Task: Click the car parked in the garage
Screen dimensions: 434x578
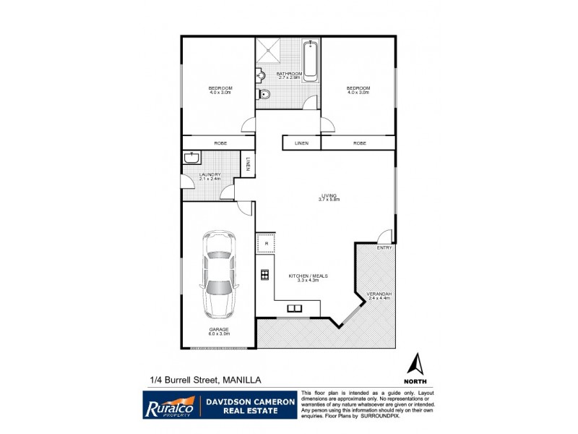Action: pos(217,275)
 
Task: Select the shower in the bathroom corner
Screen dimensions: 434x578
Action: pos(269,50)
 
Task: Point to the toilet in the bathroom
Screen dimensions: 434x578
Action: pos(264,93)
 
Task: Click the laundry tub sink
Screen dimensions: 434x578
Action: pos(193,158)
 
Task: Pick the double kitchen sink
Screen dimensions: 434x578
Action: pos(296,308)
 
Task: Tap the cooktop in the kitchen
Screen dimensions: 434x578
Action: pos(265,274)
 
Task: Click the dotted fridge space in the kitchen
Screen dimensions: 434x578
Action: pos(266,242)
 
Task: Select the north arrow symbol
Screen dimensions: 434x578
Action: pos(415,364)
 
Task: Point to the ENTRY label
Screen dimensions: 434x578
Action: pos(384,248)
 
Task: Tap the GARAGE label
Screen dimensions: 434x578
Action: pos(219,329)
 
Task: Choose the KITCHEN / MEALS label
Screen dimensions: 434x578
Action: pos(303,277)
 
